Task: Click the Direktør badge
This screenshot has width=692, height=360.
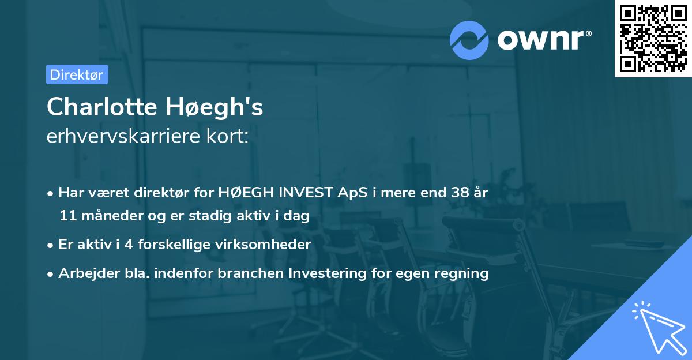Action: [x=77, y=74]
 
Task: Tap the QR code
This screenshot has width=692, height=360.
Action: [x=653, y=39]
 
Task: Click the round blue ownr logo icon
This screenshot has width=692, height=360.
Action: [x=469, y=40]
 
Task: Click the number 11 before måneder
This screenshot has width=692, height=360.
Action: [x=67, y=216]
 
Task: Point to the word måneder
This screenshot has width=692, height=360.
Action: [x=106, y=216]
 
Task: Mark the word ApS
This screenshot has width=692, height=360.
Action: [x=350, y=193]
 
